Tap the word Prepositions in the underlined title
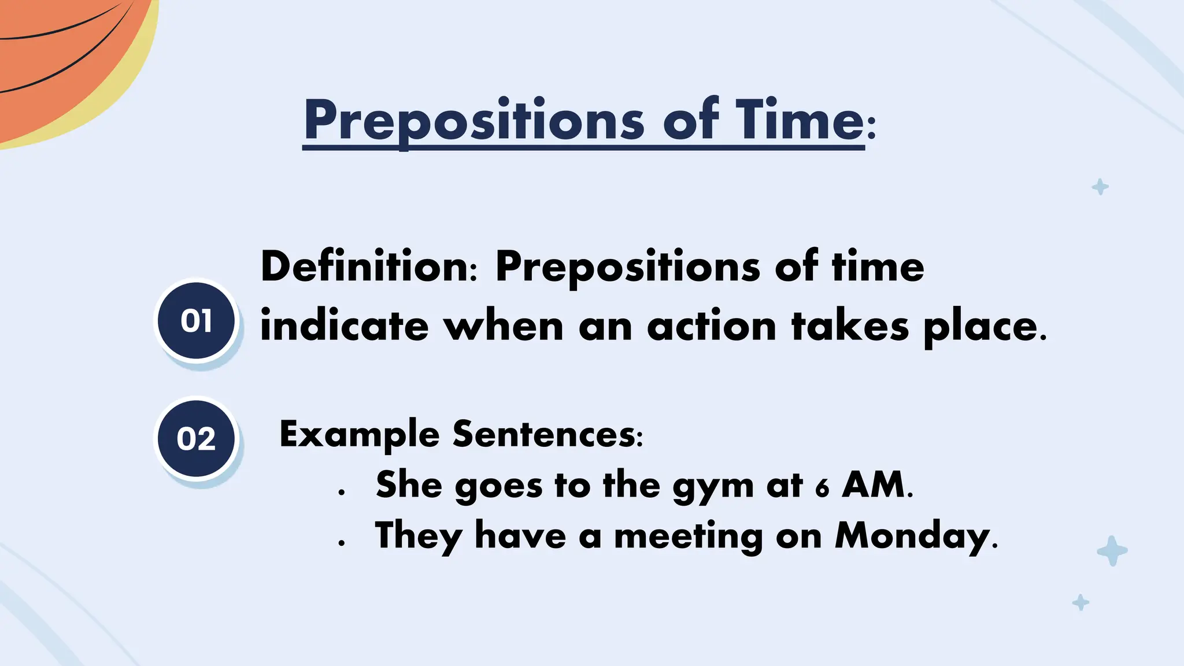[474, 121]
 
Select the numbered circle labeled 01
[197, 321]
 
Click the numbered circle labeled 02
[197, 438]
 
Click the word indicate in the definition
[345, 327]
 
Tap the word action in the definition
[712, 327]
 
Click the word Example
[359, 435]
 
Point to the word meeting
[688, 536]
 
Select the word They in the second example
[418, 536]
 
